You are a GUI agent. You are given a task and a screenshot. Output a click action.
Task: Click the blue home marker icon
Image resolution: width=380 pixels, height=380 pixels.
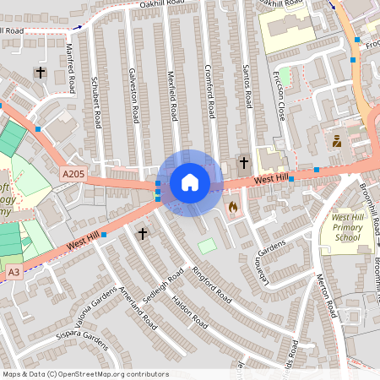[190, 182]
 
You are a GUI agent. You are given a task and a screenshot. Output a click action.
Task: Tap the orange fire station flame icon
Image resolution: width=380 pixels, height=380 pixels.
[234, 205]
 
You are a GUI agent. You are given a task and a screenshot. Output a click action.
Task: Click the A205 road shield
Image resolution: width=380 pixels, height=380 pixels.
[73, 173]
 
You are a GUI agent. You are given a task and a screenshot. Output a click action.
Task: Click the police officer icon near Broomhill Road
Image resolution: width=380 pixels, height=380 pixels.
[336, 141]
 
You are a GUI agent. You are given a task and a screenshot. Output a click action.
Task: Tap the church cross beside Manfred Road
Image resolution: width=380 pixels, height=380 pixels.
[41, 73]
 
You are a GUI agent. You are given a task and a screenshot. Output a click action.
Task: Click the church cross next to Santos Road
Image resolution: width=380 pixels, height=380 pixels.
[244, 161]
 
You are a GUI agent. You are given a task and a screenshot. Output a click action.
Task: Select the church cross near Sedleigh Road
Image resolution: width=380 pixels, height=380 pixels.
[142, 232]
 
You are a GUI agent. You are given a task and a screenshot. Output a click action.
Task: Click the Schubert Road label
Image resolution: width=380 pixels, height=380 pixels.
[97, 106]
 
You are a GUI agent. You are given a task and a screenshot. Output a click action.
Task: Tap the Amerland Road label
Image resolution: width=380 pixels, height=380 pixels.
[139, 307]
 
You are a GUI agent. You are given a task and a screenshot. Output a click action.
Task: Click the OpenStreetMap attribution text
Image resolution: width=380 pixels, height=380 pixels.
[84, 374]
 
